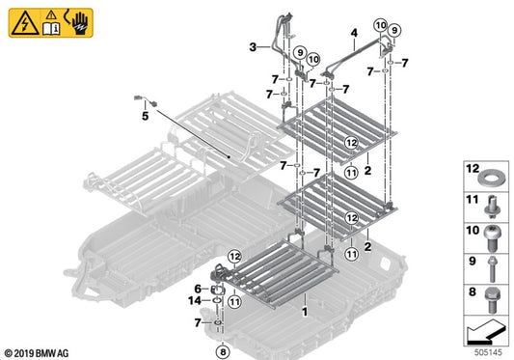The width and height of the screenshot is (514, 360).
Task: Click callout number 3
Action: tap(252, 47)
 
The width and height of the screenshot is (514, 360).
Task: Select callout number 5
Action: tap(146, 116)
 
